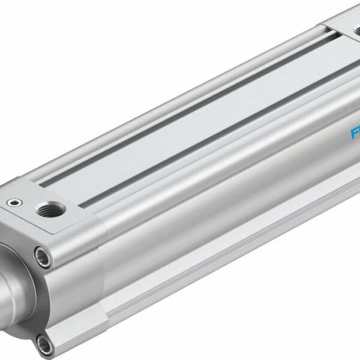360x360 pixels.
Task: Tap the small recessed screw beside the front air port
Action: click(x=13, y=204)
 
